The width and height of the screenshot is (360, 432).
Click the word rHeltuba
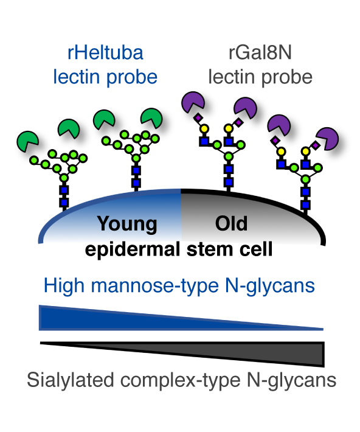[105, 52]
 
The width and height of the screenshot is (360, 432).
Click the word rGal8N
[260, 52]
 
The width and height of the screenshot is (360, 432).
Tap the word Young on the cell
[127, 225]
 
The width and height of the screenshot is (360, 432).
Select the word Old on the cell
[231, 223]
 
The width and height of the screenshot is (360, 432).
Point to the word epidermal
[132, 250]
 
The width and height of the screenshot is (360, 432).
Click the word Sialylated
[71, 380]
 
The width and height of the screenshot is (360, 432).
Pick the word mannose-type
[155, 286]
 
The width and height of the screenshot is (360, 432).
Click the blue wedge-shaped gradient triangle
[181, 318]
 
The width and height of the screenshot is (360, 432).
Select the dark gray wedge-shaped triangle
[182, 354]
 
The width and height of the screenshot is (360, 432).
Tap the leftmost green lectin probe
[27, 141]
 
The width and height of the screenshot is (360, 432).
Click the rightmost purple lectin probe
[328, 138]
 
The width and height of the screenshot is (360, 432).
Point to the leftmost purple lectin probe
[193, 102]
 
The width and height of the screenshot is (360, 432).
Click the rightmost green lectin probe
[151, 118]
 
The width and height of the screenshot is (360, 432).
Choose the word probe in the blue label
[132, 77]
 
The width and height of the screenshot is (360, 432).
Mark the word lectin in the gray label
[231, 77]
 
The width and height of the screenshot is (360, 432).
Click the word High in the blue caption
[64, 286]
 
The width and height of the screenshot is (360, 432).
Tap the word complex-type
[181, 381]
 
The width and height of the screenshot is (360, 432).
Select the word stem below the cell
[210, 249]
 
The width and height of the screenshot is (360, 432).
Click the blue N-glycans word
[270, 286]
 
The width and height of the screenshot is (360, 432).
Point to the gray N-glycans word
[292, 381]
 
